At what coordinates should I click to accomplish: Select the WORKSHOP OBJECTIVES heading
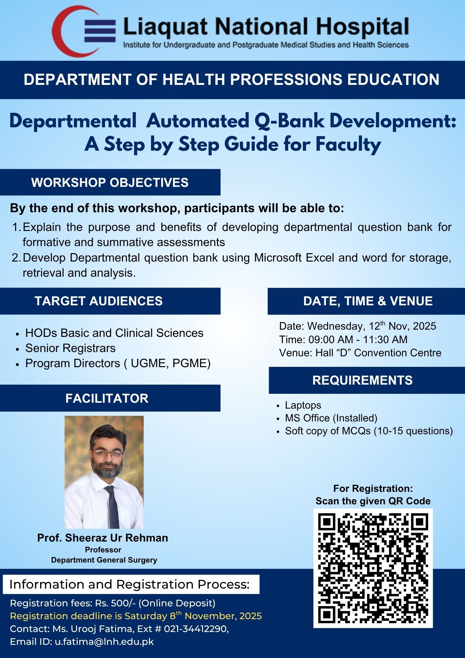pos(110,183)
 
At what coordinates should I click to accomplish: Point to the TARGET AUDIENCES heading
pos(99,301)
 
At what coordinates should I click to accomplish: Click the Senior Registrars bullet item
pos(70,348)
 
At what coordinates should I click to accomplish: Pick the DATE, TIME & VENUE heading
pos(368,301)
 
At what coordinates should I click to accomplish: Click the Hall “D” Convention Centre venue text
pos(378,353)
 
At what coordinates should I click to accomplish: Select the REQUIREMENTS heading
pos(362,380)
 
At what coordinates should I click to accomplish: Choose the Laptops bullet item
pos(303,405)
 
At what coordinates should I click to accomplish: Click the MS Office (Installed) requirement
pos(331,418)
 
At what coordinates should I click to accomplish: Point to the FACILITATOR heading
pos(107,398)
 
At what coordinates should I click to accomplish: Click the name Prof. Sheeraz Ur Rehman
pos(103,538)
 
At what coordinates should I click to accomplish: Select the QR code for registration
pos(373,568)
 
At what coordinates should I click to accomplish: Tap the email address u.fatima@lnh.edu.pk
pos(104,642)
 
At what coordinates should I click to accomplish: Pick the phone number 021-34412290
pos(196,629)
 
